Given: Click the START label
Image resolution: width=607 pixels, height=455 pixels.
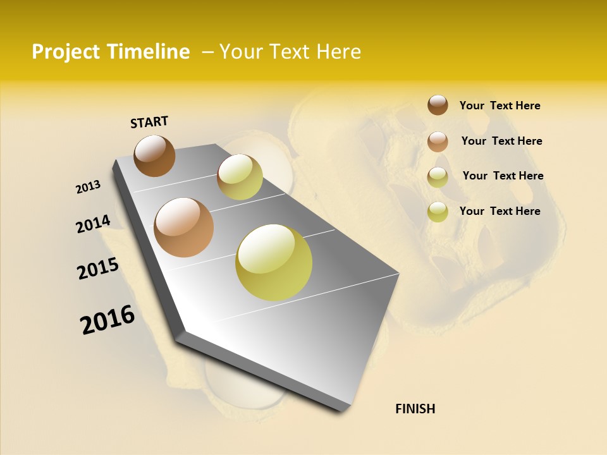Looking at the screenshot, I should (149, 122).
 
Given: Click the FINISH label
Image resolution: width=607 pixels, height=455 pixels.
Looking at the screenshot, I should (415, 409).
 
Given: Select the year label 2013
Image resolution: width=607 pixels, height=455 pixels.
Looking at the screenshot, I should (89, 187).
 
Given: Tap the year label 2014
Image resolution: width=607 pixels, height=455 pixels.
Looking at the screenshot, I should (94, 224).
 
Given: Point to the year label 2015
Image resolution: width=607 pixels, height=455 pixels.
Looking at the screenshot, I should (98, 269).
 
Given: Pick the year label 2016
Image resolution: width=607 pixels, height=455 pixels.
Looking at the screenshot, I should (107, 320).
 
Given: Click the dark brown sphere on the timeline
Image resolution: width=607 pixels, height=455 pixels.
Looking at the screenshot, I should (154, 155).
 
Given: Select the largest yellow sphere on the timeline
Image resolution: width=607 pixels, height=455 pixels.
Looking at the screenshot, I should (274, 262).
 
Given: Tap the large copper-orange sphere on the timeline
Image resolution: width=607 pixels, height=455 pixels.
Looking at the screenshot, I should (183, 227).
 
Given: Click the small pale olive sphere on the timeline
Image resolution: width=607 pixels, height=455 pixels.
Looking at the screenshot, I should (240, 177).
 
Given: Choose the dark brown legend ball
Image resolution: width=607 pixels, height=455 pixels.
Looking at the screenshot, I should (438, 105).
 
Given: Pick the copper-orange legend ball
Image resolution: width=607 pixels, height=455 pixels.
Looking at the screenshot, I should (438, 142).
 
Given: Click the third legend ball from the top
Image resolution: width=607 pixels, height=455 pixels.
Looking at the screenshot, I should (438, 178).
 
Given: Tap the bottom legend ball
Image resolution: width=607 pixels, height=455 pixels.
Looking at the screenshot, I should (438, 212).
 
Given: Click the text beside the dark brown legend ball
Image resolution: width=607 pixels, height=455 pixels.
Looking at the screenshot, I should (500, 106).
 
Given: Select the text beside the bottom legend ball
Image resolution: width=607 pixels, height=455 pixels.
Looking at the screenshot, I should (500, 211).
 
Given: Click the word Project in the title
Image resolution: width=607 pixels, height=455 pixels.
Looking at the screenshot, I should (66, 52).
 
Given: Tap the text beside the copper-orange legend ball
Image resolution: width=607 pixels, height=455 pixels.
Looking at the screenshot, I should (501, 141).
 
